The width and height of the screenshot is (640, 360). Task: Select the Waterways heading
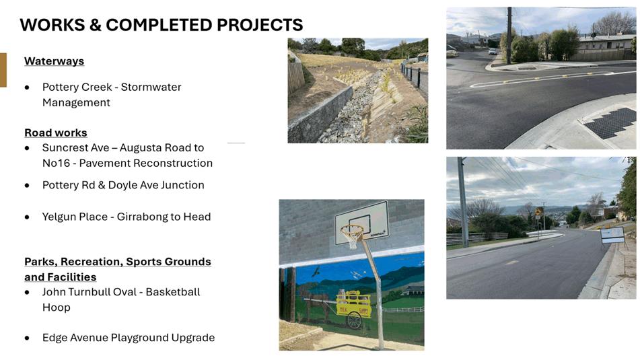(x=55, y=61)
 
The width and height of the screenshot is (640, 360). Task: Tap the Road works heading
(x=56, y=133)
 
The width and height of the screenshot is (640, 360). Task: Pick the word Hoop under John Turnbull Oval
(x=57, y=308)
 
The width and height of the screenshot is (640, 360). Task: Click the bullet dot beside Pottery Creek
(x=27, y=87)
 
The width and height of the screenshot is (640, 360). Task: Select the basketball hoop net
(x=351, y=237)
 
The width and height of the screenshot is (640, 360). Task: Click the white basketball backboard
(x=361, y=221)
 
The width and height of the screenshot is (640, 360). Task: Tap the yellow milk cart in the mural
(x=353, y=304)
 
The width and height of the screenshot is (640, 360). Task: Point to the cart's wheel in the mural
(x=354, y=320)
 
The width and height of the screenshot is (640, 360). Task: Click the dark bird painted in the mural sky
(x=316, y=271)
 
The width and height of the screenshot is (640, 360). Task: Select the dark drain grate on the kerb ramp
(x=610, y=122)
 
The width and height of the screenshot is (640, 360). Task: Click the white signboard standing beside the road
(x=612, y=235)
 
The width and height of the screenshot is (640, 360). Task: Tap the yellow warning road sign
(x=539, y=211)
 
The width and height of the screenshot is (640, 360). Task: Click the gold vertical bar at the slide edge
(x=3, y=70)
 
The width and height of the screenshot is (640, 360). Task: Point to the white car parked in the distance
(x=493, y=52)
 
